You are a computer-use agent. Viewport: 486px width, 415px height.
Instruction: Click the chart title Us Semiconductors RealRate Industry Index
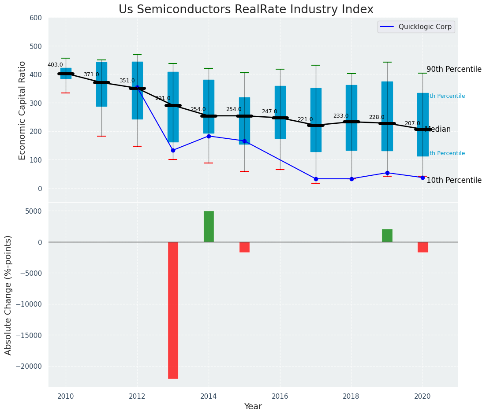[246, 10]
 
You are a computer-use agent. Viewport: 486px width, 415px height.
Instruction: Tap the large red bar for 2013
[173, 310]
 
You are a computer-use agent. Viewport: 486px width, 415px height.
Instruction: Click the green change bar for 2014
[209, 226]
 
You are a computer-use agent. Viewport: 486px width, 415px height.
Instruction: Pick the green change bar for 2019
[387, 236]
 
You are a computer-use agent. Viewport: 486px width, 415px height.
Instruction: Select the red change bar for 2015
[244, 247]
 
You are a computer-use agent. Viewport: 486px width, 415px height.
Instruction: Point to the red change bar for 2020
[423, 247]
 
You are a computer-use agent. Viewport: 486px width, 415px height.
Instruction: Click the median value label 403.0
[55, 65]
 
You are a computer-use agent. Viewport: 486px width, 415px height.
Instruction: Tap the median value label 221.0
[305, 119]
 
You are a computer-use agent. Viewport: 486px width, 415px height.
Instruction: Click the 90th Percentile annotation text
[454, 70]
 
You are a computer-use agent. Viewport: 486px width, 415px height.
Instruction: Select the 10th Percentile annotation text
[454, 181]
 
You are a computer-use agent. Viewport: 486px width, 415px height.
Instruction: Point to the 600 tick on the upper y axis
[36, 18]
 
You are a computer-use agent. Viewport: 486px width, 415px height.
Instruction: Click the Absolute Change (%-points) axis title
[8, 295]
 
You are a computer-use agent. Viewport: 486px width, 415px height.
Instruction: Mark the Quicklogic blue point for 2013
[173, 150]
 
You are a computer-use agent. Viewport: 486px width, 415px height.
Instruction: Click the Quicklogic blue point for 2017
[316, 179]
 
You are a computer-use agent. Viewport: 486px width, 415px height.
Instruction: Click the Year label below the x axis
[253, 407]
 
